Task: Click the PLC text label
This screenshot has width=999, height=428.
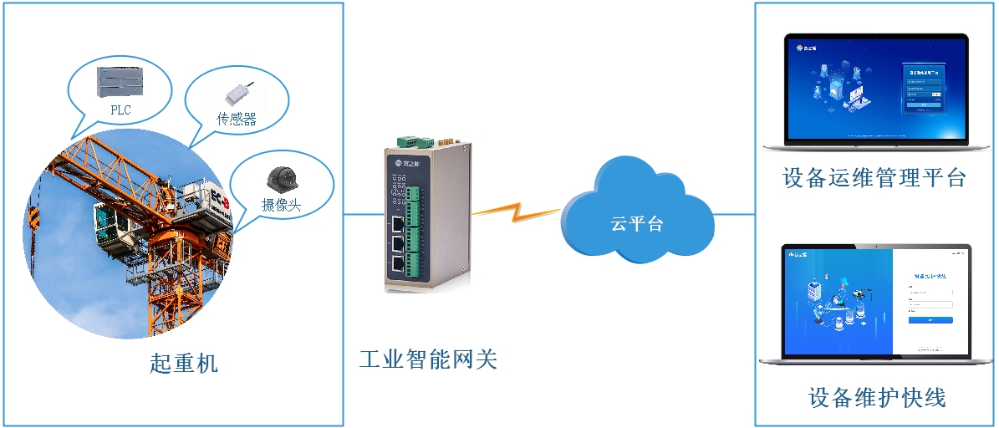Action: pyautogui.click(x=120, y=110)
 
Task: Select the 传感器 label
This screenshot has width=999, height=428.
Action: pyautogui.click(x=237, y=120)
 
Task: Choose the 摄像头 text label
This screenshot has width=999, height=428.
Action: pyautogui.click(x=281, y=205)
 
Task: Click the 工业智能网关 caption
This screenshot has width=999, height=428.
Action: pyautogui.click(x=428, y=359)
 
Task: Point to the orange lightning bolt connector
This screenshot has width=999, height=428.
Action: pyautogui.click(x=517, y=211)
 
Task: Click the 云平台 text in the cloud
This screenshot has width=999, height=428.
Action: pyautogui.click(x=637, y=224)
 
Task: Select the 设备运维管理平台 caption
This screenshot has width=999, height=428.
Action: pyautogui.click(x=874, y=178)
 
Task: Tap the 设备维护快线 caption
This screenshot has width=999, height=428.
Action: pyautogui.click(x=877, y=397)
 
